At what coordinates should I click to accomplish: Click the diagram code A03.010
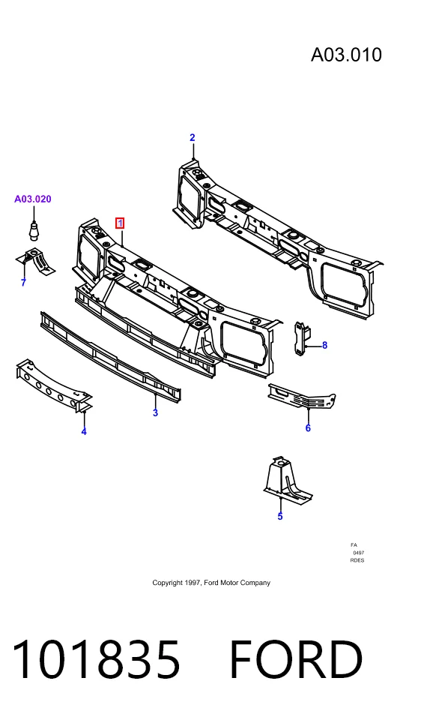click(346, 55)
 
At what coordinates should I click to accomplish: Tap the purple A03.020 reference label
click(32, 199)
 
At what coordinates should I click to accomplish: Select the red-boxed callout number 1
click(120, 223)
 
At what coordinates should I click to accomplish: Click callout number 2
click(193, 137)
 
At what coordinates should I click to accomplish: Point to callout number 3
click(156, 412)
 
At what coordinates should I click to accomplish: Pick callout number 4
click(84, 431)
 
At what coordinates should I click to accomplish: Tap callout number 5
click(280, 516)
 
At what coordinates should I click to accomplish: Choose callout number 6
click(308, 428)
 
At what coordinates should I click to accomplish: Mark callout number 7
click(23, 283)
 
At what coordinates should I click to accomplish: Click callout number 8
click(325, 345)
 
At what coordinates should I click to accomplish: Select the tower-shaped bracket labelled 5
click(287, 480)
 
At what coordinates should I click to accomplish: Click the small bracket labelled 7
click(35, 261)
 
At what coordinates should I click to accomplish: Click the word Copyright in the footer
click(168, 583)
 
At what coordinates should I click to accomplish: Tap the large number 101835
click(96, 659)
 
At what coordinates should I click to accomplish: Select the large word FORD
click(296, 659)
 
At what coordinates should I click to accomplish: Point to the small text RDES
click(357, 560)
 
